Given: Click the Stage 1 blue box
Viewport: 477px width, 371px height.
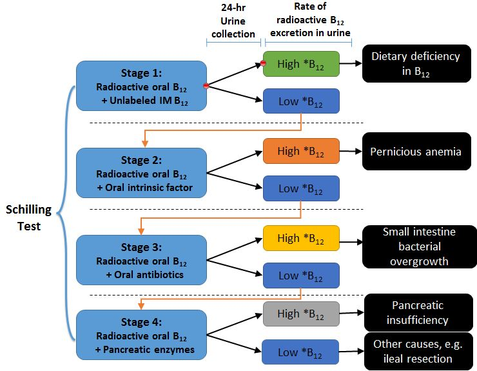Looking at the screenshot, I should click(141, 86).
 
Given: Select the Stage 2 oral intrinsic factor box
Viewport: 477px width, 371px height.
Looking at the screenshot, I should click(141, 173).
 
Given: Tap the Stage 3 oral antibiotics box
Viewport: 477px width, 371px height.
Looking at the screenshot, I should click(141, 260).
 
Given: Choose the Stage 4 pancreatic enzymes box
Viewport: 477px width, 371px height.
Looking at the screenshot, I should click(141, 335).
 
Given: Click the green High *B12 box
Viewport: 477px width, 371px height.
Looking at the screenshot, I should click(301, 64).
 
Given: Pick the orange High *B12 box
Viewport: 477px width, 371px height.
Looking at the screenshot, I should click(301, 151).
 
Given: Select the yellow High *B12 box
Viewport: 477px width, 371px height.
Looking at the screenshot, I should click(301, 238).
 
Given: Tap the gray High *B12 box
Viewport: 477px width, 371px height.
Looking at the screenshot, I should click(301, 314).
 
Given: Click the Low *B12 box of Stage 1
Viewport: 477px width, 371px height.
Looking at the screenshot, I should click(301, 101).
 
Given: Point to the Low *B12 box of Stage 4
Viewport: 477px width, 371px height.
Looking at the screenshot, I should click(301, 352).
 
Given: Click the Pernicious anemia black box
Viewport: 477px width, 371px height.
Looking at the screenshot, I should click(416, 152).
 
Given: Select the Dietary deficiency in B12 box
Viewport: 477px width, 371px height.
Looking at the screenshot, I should click(416, 64).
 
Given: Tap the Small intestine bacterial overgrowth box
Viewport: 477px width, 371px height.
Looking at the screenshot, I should click(420, 246).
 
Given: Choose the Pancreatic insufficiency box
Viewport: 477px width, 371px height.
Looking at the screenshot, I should click(418, 312).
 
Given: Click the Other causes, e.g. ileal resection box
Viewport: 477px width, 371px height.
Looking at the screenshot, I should click(418, 351).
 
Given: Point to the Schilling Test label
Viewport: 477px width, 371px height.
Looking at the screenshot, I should click(29, 218).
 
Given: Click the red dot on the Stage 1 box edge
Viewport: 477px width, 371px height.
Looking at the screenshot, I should click(206, 86).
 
